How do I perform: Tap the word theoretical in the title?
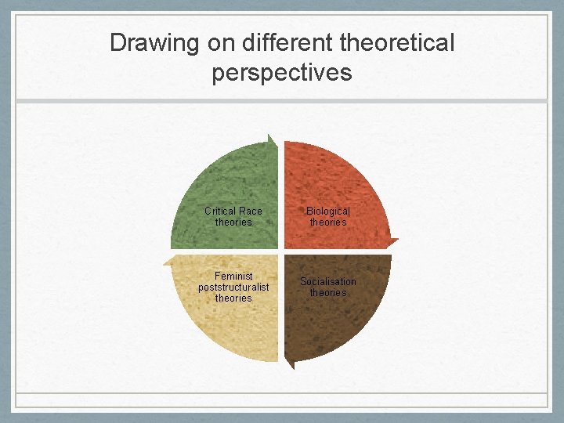coord(392,42)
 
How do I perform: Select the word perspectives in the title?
coord(282,73)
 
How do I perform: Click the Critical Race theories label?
coord(233,216)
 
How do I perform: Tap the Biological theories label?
coord(328,216)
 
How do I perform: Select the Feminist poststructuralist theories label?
coord(233,287)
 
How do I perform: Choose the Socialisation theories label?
coord(328,287)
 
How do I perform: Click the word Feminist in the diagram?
coord(233,277)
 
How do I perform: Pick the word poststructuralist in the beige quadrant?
coord(233,287)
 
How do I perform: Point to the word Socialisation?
coord(328,281)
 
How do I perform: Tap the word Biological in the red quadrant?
coord(328,211)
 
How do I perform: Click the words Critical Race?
coord(233,211)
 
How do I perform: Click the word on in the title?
coord(219,42)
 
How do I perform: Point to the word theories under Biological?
coord(328,222)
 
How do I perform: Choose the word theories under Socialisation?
coord(328,293)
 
